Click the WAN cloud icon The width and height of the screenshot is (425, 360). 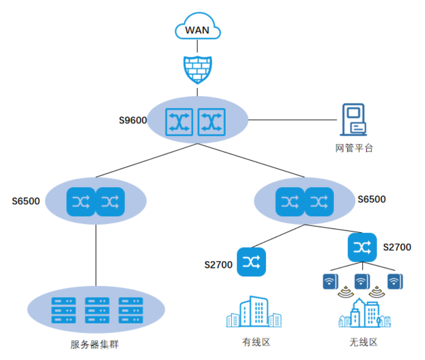click(198, 26)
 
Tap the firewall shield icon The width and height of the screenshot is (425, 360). click(198, 70)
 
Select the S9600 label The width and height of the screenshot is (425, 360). click(133, 120)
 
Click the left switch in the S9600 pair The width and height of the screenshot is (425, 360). click(179, 122)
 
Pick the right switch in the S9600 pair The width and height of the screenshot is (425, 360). click(212, 122)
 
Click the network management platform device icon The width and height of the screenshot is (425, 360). click(354, 120)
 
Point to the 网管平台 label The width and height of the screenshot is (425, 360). click(354, 148)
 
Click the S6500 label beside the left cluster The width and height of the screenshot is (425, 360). click(26, 201)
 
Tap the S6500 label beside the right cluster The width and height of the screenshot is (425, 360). click(372, 199)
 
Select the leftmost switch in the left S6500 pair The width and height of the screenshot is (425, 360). click(81, 202)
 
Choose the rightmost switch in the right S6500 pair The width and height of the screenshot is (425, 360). click(319, 202)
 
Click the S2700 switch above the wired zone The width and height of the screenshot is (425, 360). click(251, 262)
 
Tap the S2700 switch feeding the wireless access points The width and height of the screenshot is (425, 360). click(362, 247)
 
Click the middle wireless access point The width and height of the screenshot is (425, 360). click(362, 282)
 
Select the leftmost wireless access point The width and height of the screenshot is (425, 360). click(331, 282)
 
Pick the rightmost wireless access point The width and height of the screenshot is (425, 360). click(395, 282)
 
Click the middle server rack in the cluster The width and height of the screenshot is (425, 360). click(97, 310)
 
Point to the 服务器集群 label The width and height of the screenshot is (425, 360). click(95, 344)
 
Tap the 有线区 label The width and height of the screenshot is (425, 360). click(256, 342)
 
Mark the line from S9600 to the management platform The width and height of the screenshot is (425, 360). click(292, 120)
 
